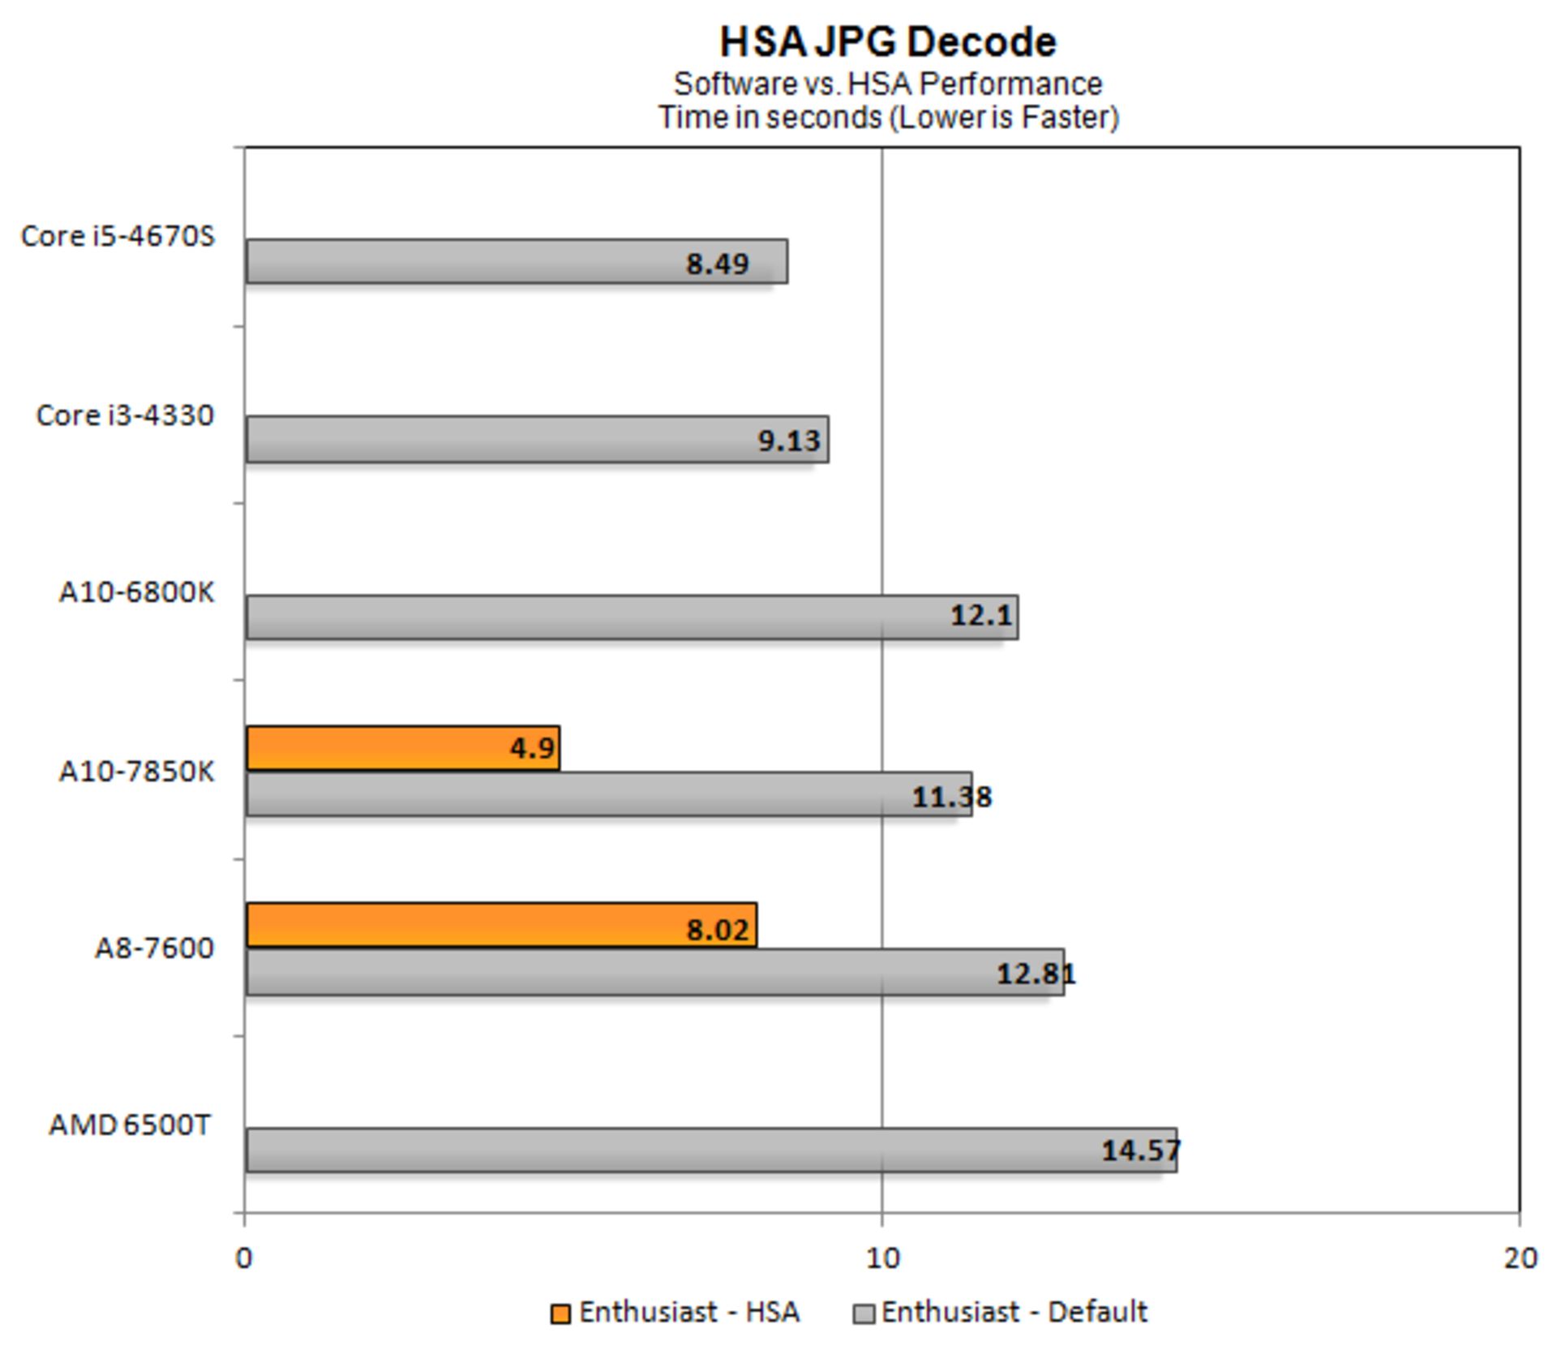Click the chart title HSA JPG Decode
pos(888,42)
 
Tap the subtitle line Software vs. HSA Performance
pos(888,84)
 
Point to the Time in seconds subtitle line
pos(888,118)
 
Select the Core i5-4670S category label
pos(118,236)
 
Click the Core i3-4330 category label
pos(125,415)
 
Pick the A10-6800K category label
pos(136,593)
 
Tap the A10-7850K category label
pos(136,771)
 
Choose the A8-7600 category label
pos(154,948)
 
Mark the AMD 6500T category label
pos(130,1125)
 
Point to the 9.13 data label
pos(789,441)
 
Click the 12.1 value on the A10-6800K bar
pos(981,616)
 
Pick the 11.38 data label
pos(951,798)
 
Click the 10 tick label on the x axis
pos(882,1258)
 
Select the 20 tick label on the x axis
pos(1520,1258)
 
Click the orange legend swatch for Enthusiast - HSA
pos(560,1313)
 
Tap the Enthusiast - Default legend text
pos(1014,1312)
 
